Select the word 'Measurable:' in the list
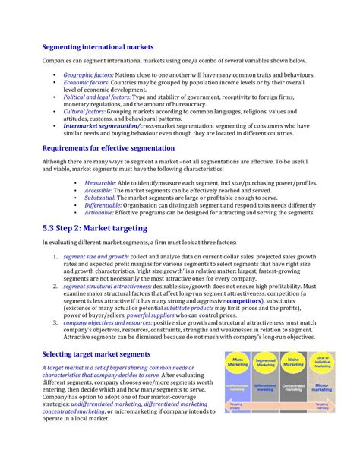100,183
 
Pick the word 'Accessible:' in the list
99,191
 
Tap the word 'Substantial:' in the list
100,198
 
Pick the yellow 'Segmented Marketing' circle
265,362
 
